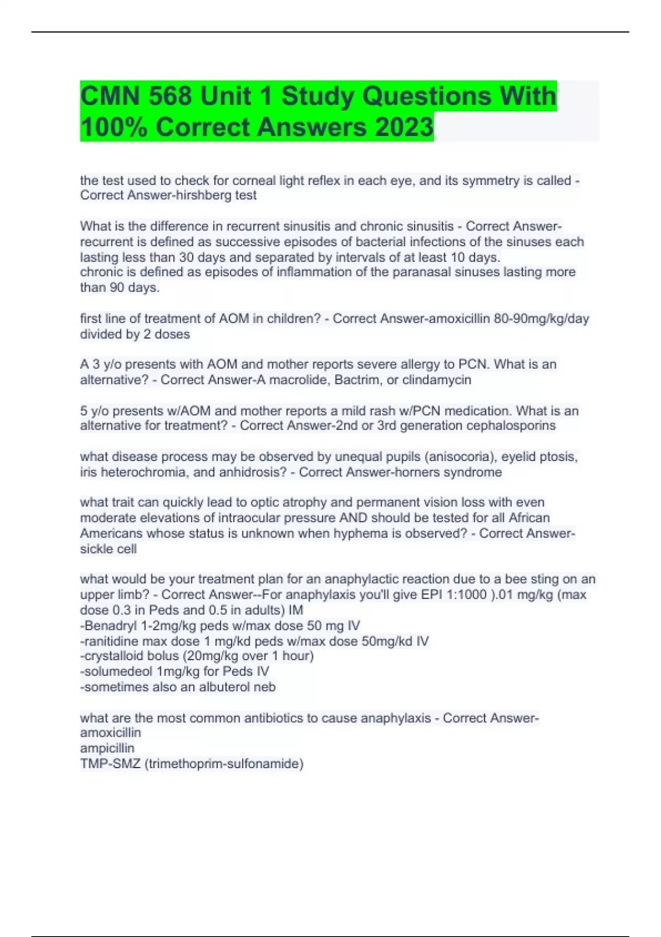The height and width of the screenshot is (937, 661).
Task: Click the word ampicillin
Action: [107, 748]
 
